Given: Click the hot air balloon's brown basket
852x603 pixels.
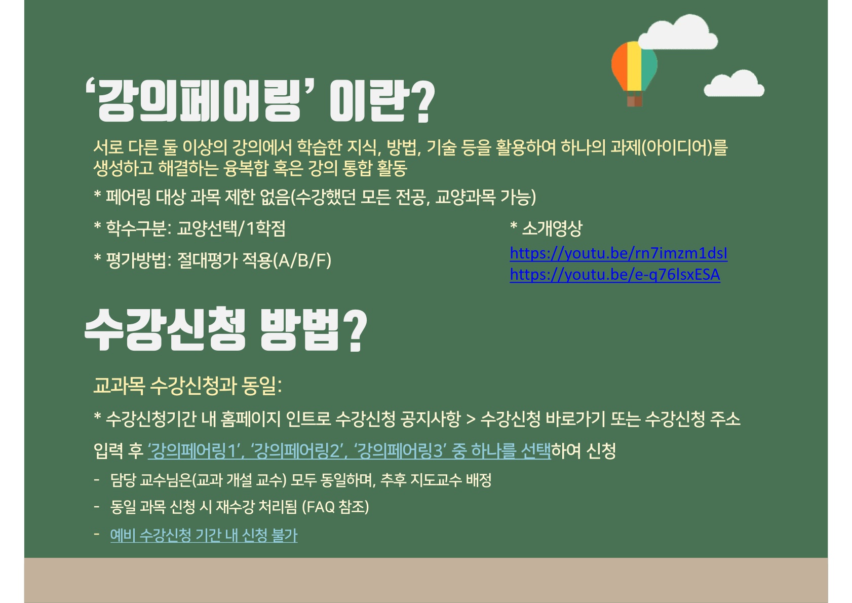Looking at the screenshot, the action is (634, 101).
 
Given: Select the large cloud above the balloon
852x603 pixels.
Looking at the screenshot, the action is (678, 32).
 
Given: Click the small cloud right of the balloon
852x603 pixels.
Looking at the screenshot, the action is (734, 84).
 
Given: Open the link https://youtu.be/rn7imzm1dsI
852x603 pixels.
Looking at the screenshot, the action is (618, 253).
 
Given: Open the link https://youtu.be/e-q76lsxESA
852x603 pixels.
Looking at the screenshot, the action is (614, 275).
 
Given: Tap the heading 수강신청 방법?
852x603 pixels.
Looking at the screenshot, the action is (225, 329).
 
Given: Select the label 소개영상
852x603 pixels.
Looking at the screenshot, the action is (552, 229).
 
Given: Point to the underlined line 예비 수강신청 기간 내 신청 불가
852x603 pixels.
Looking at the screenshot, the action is (204, 535).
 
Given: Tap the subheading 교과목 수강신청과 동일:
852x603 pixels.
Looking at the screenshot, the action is (187, 386).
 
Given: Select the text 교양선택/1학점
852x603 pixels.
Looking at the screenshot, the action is (231, 229).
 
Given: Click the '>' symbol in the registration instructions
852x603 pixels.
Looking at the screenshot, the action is (471, 419).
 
